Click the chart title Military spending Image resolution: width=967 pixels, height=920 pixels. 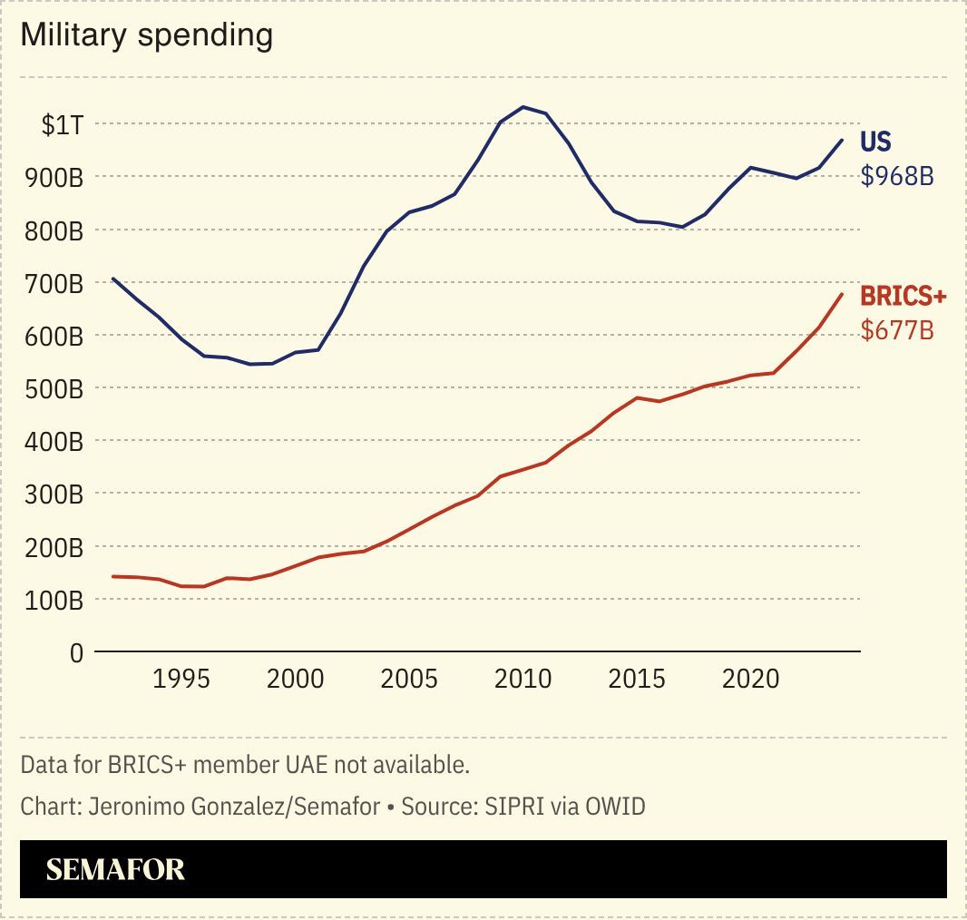(146, 35)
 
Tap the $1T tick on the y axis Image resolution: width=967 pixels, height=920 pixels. (63, 124)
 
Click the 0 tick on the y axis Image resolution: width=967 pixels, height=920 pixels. (75, 652)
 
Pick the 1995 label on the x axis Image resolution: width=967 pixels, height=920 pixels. (181, 680)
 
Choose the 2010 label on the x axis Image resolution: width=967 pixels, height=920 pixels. (523, 680)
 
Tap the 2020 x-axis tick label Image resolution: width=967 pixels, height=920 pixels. (750, 680)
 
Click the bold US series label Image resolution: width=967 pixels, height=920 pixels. (875, 142)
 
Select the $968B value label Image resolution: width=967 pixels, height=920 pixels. (896, 175)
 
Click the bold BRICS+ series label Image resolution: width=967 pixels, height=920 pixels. (903, 297)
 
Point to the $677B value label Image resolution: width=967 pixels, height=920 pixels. (896, 330)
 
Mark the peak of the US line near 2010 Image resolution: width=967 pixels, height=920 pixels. (523, 107)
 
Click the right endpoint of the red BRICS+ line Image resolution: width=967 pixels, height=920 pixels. (842, 294)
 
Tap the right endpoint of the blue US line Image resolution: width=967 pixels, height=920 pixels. (842, 140)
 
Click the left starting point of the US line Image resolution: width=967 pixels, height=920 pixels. (113, 279)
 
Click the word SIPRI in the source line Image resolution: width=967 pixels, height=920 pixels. (503, 806)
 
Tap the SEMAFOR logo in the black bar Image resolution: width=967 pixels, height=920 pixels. (115, 869)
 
